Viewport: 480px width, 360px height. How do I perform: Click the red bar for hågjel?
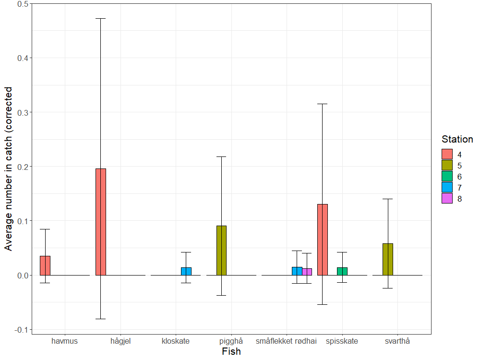click(100, 222)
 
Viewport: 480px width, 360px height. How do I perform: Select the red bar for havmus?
click(45, 265)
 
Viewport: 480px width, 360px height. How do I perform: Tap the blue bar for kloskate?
click(186, 271)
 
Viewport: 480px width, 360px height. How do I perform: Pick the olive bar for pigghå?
click(221, 250)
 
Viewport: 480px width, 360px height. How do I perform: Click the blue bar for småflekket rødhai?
click(297, 271)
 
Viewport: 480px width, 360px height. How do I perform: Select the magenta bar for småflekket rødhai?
click(307, 272)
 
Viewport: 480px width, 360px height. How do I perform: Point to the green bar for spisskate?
click(342, 271)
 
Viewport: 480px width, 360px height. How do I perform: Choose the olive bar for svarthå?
click(388, 259)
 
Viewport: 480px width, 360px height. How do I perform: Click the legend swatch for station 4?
click(447, 154)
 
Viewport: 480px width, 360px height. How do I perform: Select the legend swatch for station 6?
click(447, 176)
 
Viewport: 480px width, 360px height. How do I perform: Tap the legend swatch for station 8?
click(447, 198)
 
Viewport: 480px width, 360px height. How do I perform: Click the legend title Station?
click(457, 139)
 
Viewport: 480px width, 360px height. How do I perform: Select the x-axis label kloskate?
click(176, 341)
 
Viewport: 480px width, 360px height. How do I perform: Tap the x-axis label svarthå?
click(397, 341)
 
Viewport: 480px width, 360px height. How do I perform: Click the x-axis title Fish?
click(231, 352)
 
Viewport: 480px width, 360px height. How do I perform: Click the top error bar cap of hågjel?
click(100, 18)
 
